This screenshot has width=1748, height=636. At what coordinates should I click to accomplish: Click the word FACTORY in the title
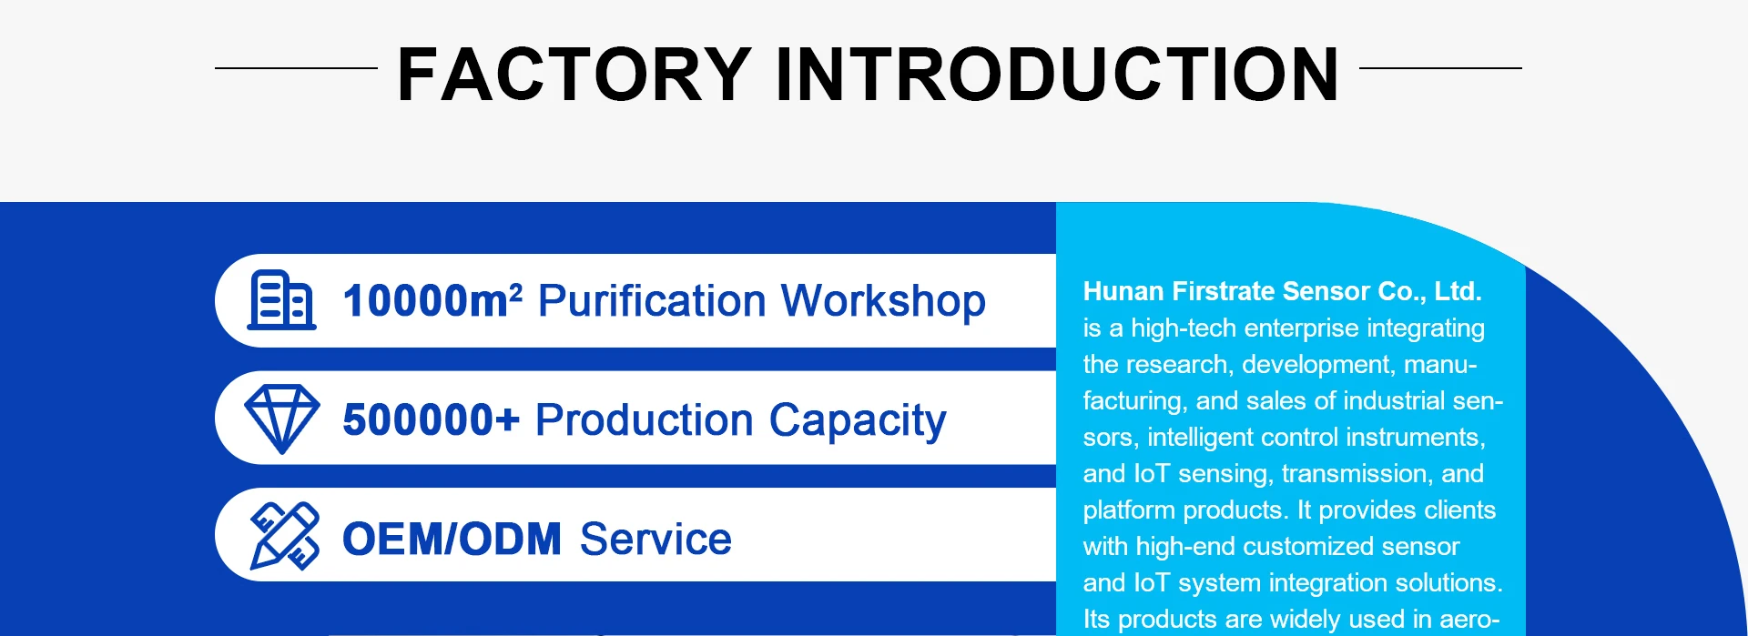(574, 75)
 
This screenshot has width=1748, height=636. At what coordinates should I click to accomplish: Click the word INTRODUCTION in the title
(1057, 75)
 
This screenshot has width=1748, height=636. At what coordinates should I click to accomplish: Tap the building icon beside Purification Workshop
(282, 299)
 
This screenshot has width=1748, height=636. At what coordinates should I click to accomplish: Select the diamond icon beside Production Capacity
(282, 419)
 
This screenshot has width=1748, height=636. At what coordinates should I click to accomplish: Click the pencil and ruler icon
(284, 536)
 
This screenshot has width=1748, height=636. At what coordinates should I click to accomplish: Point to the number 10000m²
(432, 300)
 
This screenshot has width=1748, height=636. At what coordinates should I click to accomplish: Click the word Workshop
(883, 301)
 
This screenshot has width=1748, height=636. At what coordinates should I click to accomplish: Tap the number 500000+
(431, 419)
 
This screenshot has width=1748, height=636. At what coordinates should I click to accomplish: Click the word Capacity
(858, 421)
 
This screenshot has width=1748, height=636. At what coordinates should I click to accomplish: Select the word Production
(645, 420)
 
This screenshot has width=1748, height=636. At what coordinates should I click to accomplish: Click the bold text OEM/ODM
(452, 539)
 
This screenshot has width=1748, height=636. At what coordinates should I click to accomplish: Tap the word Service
(655, 539)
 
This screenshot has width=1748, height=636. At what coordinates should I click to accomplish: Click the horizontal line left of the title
(296, 67)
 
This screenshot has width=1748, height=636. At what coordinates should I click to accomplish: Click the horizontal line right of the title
(1440, 67)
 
